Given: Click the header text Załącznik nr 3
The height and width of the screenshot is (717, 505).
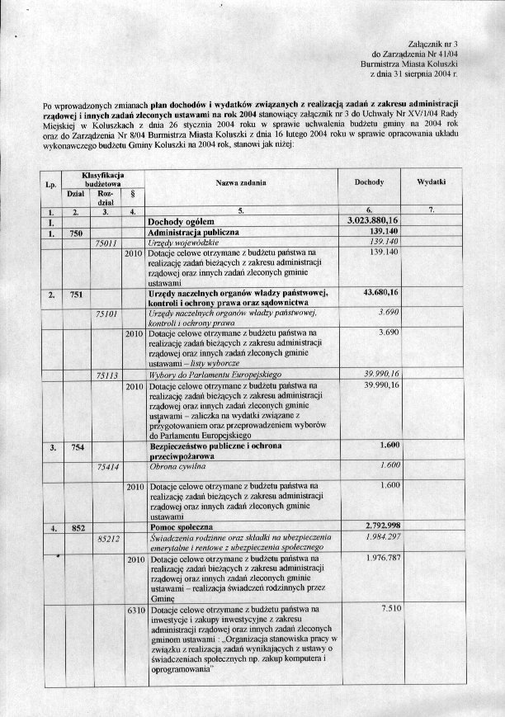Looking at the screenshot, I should [x=432, y=41].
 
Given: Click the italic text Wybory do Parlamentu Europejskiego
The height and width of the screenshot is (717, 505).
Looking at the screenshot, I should [x=210, y=374].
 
